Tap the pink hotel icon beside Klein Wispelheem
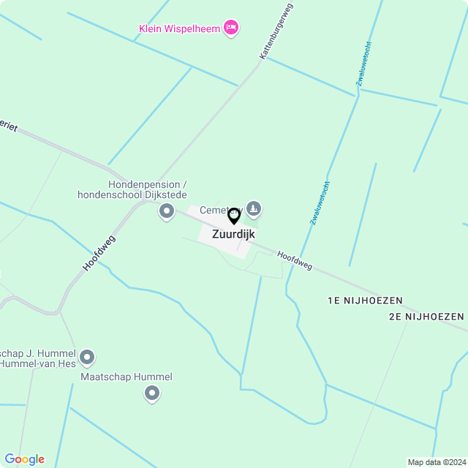[231, 28]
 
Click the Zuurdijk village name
[233, 235]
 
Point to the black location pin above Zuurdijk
[234, 216]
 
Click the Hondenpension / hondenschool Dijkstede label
[132, 189]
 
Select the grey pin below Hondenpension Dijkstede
[167, 212]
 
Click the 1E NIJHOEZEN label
[365, 301]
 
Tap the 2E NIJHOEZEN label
[426, 317]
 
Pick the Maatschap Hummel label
[127, 377]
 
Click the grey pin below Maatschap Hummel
[152, 394]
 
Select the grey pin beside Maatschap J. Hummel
[87, 358]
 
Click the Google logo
[24, 459]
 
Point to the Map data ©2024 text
[437, 462]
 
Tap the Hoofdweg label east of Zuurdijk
[295, 260]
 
